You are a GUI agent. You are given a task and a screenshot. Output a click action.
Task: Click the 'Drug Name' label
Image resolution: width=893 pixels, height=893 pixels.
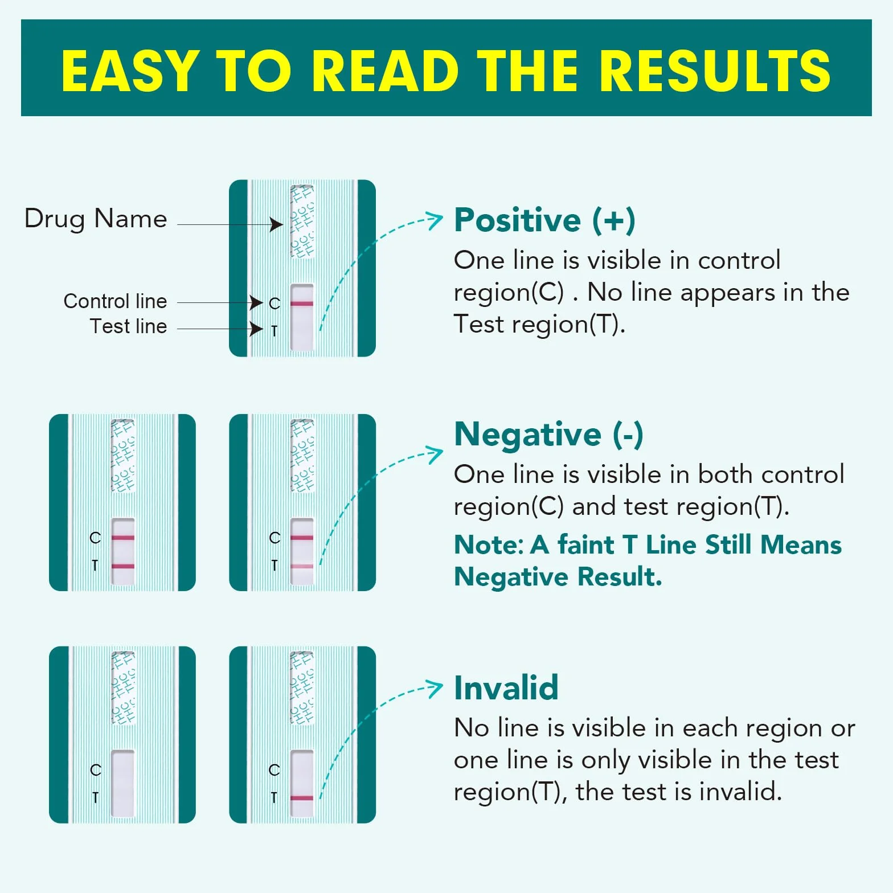coord(96,219)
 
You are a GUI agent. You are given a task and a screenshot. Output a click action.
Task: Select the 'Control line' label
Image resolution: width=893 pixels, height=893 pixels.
coord(115,301)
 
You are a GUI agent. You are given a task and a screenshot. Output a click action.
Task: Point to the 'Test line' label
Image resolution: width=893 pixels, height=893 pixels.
coord(128,326)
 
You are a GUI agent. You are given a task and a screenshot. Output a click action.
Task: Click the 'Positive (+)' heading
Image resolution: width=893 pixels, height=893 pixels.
coord(544,220)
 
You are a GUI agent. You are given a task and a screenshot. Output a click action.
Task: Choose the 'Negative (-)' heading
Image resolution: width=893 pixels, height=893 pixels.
coord(548,435)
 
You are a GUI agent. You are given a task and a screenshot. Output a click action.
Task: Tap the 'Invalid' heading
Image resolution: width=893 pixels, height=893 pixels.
coord(506,687)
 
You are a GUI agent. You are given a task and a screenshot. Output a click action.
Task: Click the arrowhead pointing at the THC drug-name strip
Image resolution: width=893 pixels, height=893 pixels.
coord(277,224)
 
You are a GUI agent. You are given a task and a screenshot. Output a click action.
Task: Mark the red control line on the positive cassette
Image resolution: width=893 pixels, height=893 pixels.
coord(302,304)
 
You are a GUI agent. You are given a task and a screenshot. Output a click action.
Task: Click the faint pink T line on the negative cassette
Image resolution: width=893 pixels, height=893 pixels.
coord(302,567)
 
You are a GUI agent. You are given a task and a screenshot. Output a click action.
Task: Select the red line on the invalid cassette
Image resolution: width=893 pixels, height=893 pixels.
coord(302,798)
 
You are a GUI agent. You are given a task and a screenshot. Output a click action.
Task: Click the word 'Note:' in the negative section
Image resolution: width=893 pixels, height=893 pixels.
coord(489,545)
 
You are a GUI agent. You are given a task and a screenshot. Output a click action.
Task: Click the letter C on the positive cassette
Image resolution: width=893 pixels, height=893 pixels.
coord(275,304)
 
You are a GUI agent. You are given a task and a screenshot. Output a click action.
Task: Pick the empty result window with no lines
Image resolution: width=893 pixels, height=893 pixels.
coord(122,783)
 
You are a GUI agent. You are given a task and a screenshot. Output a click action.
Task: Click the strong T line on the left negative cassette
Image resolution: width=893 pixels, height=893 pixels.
coord(123,566)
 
